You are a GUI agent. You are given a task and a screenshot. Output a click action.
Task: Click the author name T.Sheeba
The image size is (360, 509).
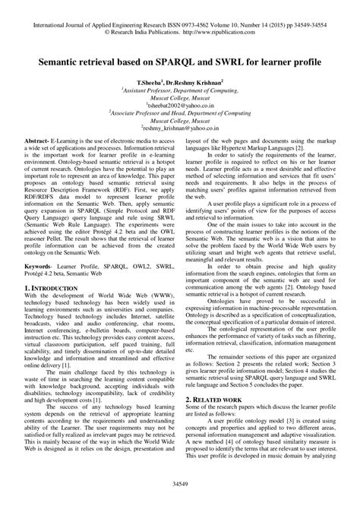pos(149,80)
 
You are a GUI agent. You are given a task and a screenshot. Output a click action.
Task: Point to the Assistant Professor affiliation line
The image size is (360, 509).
pos(180,88)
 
